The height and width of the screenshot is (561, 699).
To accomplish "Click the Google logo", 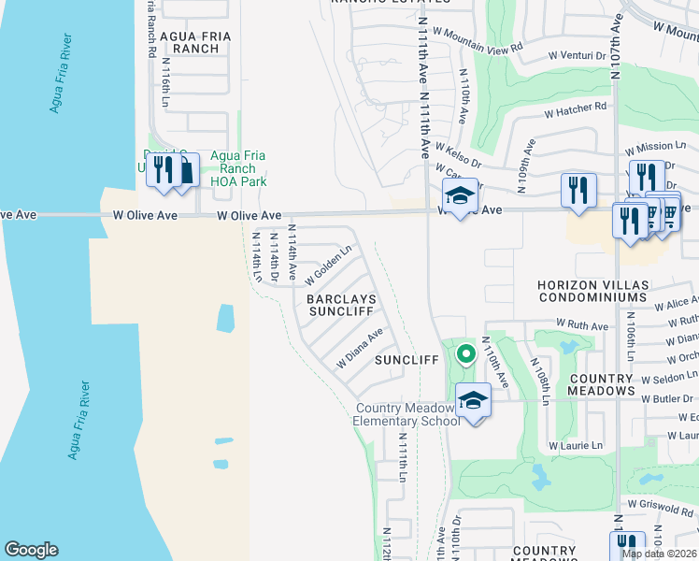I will tap(31, 550).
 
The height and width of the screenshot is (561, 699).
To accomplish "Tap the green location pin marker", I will tap(464, 356).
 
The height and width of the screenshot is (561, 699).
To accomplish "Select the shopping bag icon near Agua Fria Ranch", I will tap(184, 170).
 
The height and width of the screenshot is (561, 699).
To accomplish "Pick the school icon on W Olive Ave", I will tap(460, 197).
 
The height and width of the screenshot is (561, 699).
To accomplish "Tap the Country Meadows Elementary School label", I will tap(407, 414).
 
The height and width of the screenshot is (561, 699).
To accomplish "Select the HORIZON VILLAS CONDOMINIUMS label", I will tap(592, 290).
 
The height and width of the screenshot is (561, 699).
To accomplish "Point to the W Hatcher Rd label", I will tap(576, 110).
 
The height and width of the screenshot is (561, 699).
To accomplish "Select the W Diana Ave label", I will tap(361, 348).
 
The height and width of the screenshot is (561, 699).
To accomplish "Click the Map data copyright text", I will tap(658, 554).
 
